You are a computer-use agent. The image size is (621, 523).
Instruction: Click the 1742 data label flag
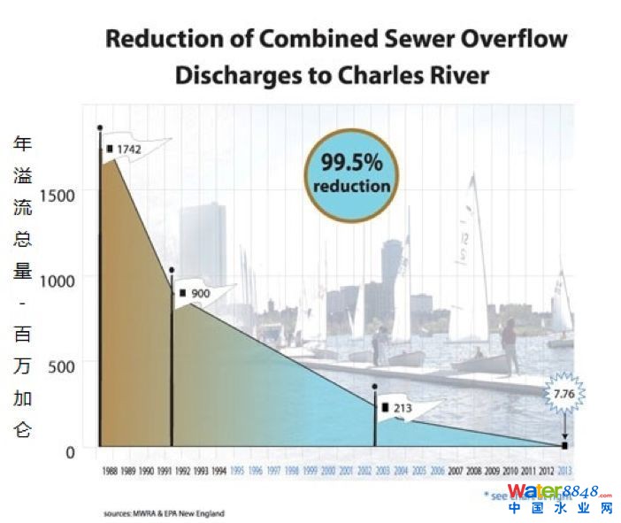click(125, 150)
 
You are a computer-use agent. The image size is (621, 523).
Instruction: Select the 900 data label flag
click(199, 293)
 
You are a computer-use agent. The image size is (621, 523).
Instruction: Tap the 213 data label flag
click(402, 408)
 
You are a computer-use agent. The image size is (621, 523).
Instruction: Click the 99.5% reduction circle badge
click(351, 173)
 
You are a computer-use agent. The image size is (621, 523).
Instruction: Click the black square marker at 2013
click(564, 445)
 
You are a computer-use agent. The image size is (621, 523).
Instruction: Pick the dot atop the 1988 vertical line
click(100, 128)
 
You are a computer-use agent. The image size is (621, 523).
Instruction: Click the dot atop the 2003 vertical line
click(375, 387)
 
